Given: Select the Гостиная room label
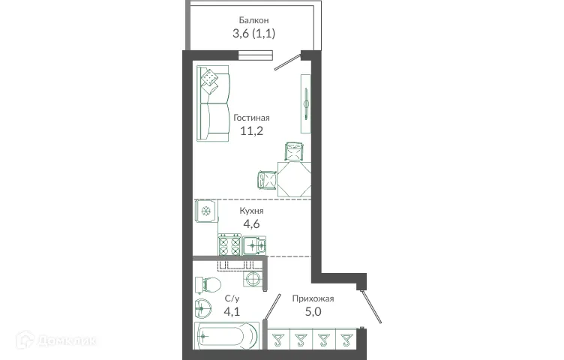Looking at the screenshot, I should tap(251, 118).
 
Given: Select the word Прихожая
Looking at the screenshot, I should tap(313, 298).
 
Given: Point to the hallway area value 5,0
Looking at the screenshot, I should tap(313, 311).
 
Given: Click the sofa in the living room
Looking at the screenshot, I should tap(213, 104).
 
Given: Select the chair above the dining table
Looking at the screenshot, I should tap(295, 151).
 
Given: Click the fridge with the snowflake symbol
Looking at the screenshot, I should tap(205, 211).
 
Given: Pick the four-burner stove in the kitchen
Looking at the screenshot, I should tap(229, 245).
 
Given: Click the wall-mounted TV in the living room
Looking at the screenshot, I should tap(306, 98).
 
